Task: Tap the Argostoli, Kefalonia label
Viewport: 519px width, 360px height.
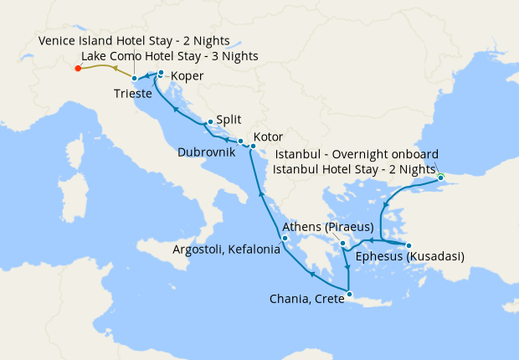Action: [x=225, y=250]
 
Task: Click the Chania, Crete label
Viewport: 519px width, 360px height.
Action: [x=306, y=298]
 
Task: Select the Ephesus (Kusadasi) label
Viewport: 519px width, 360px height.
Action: [x=409, y=256]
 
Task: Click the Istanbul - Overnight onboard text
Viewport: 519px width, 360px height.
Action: [x=357, y=154]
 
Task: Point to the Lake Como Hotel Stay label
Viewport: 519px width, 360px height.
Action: [x=170, y=56]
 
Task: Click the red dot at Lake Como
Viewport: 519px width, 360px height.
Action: [x=77, y=69]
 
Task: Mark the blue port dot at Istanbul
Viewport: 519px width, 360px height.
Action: [x=440, y=177]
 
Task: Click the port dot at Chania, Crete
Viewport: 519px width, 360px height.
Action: [x=349, y=294]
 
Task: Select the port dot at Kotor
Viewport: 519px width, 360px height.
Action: [x=253, y=147]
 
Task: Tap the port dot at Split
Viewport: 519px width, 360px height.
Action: [x=209, y=122]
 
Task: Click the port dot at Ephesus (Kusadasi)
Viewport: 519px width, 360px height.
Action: [x=409, y=245]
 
